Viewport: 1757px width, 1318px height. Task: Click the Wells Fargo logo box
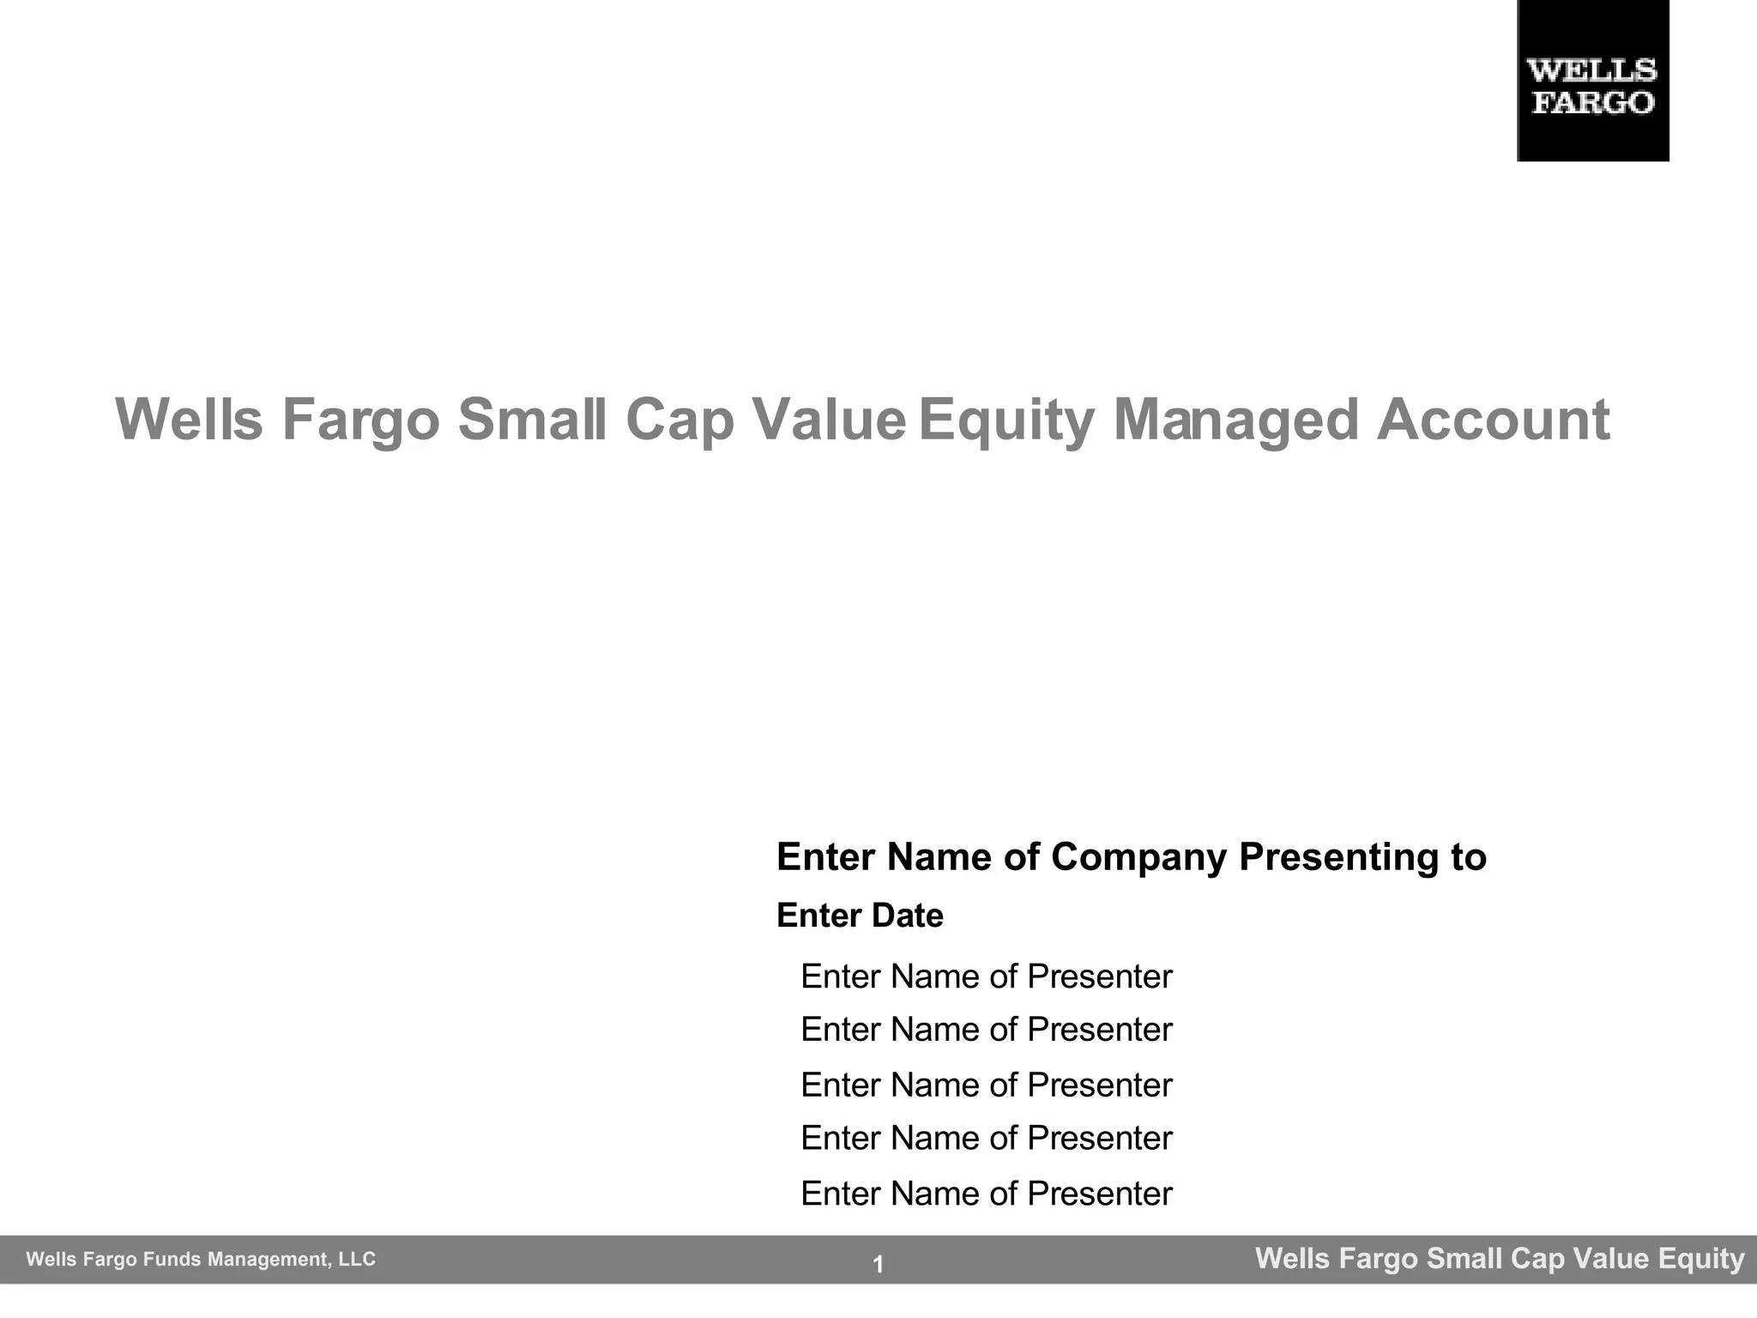click(x=1592, y=81)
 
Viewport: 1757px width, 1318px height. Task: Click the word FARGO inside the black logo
click(x=1592, y=103)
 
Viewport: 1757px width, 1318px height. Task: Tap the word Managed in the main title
click(x=1235, y=420)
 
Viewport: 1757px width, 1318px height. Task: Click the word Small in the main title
click(x=532, y=420)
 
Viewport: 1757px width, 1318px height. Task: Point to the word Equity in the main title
click(x=1005, y=420)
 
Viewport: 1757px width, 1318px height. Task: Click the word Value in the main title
click(x=829, y=420)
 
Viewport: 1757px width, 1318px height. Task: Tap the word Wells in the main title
click(x=189, y=420)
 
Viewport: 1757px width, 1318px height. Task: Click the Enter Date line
click(x=860, y=916)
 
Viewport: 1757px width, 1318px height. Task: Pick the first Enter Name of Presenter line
click(x=986, y=976)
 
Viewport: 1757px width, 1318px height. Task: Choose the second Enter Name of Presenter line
click(x=986, y=1030)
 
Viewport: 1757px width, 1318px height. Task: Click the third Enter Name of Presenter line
click(x=986, y=1085)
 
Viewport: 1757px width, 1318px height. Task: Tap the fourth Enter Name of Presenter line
click(x=986, y=1139)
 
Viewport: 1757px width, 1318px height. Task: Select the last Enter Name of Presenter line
click(x=986, y=1194)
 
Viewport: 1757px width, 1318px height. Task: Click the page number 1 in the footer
click(x=878, y=1264)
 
